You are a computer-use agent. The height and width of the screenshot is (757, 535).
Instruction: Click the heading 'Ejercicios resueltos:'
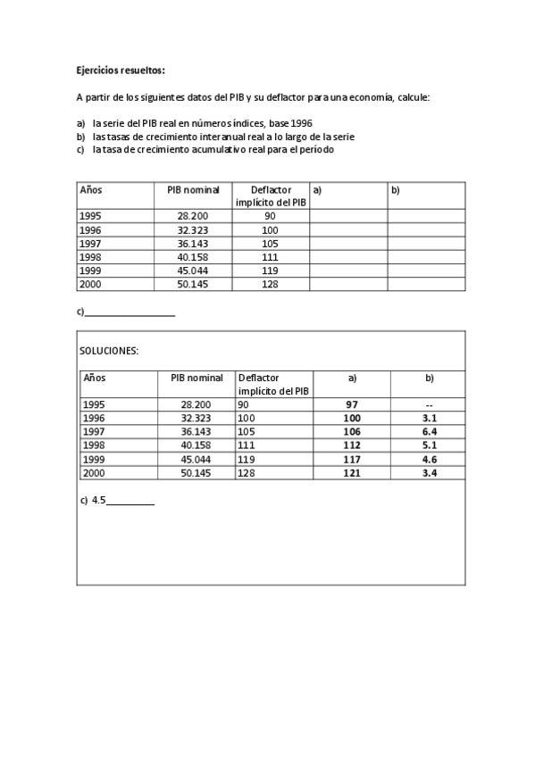[x=121, y=70]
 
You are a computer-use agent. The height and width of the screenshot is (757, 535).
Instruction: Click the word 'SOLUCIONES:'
[x=109, y=351]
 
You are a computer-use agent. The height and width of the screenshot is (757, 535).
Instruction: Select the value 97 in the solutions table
[x=351, y=404]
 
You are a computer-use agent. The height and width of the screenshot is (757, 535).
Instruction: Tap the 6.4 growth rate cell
[x=429, y=431]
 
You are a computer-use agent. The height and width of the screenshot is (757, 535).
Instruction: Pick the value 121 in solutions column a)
[x=351, y=473]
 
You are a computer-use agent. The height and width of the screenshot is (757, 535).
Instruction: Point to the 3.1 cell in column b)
[x=429, y=418]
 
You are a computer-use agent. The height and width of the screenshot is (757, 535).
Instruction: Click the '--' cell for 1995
[x=429, y=404]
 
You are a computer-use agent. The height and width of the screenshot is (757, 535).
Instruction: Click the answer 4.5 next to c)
[x=98, y=501]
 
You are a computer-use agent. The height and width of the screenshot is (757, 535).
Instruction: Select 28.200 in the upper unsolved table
[x=193, y=216]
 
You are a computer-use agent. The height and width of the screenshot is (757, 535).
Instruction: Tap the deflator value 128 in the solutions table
[x=247, y=473]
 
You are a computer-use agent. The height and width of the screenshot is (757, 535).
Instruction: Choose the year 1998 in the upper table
[x=92, y=257]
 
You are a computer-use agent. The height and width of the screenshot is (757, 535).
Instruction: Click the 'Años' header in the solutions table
[x=94, y=378]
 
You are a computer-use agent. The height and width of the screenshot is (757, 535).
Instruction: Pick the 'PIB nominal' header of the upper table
[x=193, y=190]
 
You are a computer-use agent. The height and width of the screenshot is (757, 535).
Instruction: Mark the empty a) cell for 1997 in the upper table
[x=348, y=244]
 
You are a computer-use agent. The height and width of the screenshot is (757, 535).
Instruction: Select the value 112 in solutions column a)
[x=351, y=445]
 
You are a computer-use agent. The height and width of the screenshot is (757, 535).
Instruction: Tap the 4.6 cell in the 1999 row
[x=429, y=459]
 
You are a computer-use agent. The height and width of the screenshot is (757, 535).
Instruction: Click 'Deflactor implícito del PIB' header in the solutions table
[x=273, y=384]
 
